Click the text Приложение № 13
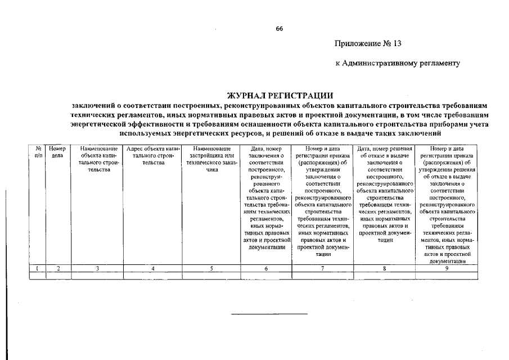click(368, 43)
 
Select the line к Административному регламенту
click(398, 63)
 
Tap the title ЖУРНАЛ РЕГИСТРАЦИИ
click(280, 96)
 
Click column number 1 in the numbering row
click(37, 269)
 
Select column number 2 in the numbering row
click(58, 269)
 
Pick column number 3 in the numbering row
click(97, 269)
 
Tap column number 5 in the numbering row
click(211, 269)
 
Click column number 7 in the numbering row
click(323, 269)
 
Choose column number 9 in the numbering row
click(447, 269)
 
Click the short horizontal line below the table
click(269, 313)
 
